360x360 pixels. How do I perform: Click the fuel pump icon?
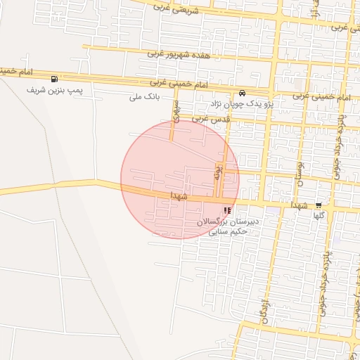point(54,79)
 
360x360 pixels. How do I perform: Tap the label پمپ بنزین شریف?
point(46,91)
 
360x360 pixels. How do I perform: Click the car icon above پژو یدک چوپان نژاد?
point(242,93)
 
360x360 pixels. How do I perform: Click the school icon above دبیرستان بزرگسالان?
point(226,210)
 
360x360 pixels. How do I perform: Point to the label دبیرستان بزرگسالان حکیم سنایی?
point(227,226)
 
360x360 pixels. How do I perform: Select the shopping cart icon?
point(328,205)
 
